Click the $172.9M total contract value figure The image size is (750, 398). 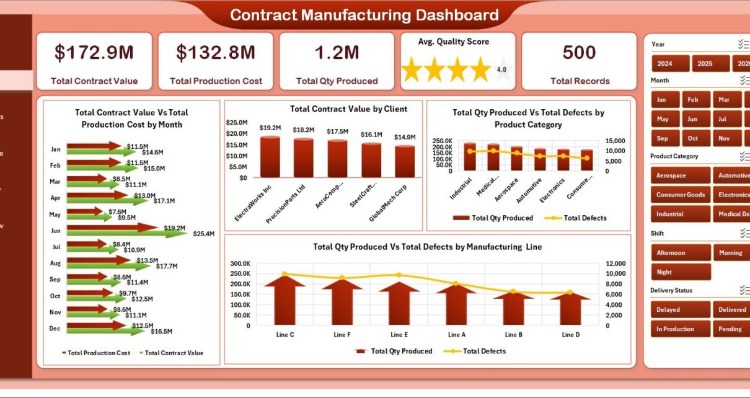[x=94, y=53]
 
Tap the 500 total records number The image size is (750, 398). [x=579, y=53]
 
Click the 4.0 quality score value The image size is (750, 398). [x=502, y=69]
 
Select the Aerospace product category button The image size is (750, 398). [x=680, y=175]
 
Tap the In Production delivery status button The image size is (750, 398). [x=680, y=329]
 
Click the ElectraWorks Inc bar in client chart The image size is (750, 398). [x=270, y=157]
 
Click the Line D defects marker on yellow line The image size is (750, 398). [x=570, y=292]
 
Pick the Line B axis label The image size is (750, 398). [x=513, y=335]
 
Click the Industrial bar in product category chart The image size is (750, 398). [x=470, y=156]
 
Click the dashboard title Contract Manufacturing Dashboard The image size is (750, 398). [x=364, y=15]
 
